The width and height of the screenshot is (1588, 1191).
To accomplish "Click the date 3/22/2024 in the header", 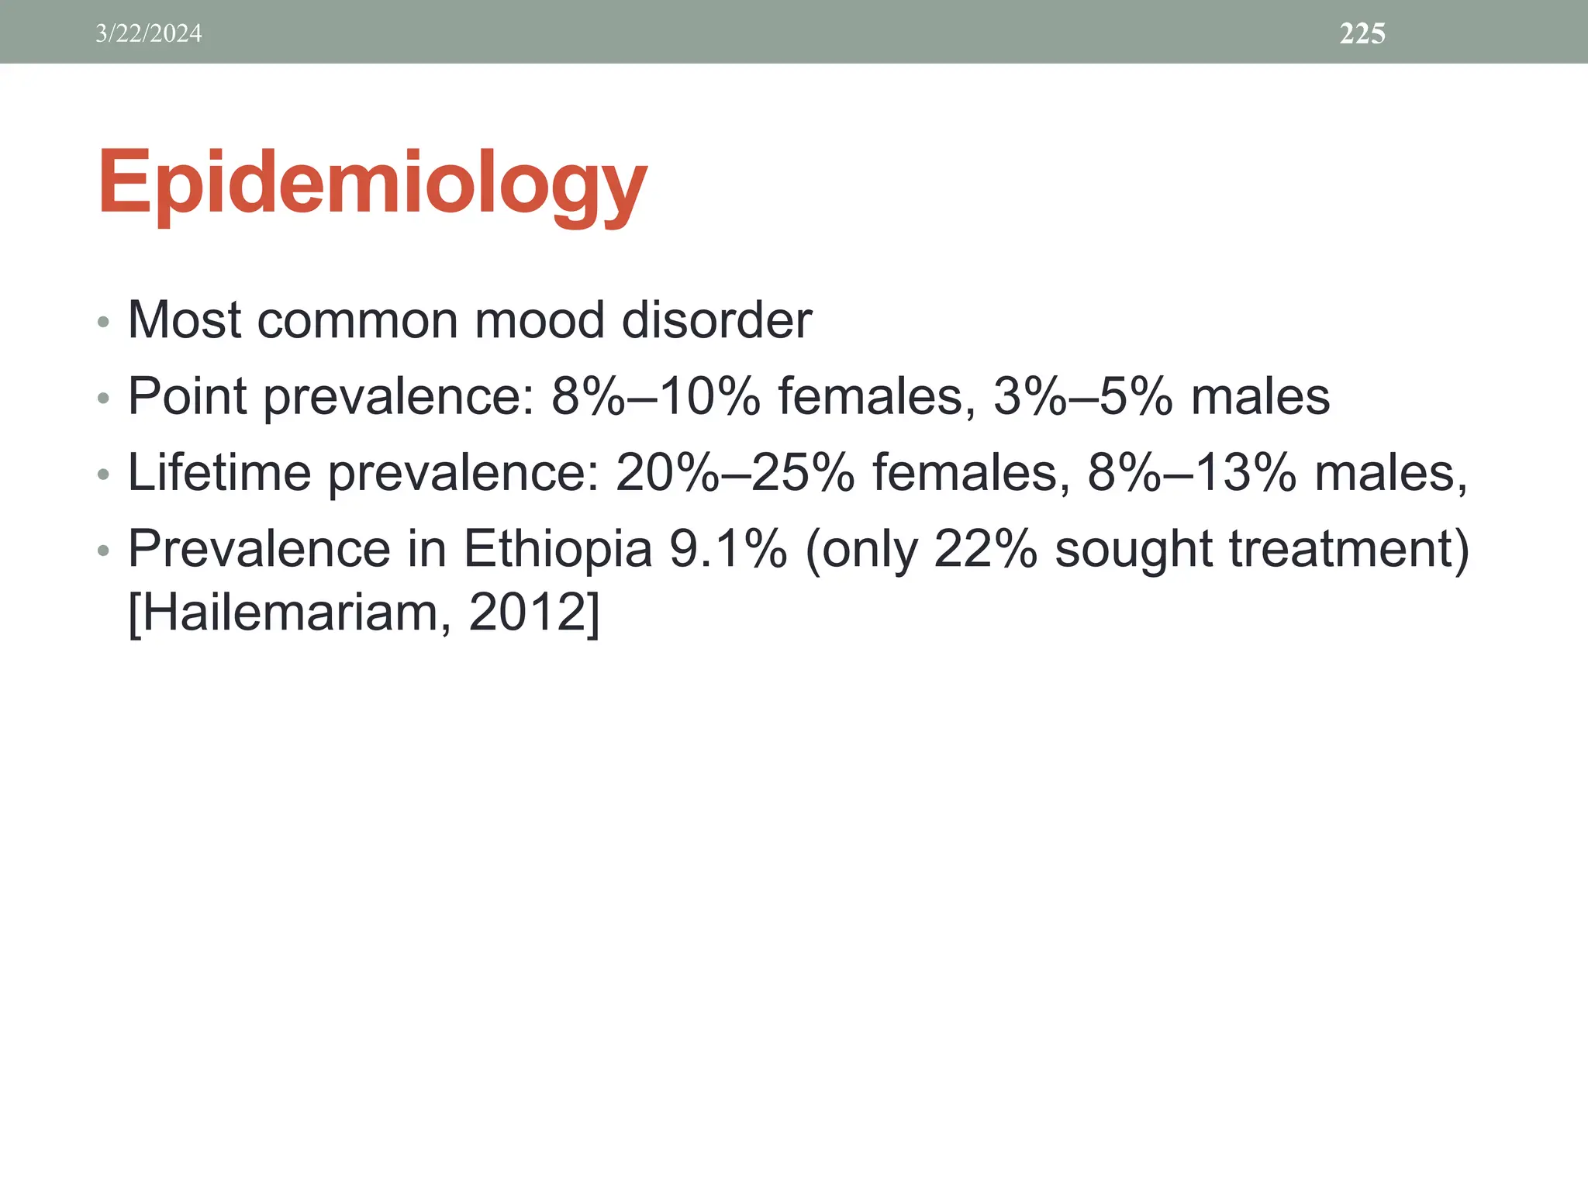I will [x=148, y=33].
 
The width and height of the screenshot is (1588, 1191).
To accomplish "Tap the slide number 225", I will [x=1362, y=33].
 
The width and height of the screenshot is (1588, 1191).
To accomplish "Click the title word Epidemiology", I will [x=372, y=184].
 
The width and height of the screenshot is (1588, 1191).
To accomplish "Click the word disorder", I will [x=716, y=319].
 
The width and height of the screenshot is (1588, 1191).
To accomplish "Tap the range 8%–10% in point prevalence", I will [x=656, y=396].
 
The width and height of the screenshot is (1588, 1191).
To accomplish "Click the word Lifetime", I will [x=219, y=472].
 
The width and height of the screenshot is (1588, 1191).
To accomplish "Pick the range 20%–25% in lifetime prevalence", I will [x=735, y=472].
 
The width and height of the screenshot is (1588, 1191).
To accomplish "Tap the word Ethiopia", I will [x=558, y=549].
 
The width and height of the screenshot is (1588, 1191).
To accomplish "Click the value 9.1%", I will [x=728, y=549].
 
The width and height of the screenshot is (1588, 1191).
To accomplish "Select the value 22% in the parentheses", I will [x=986, y=549].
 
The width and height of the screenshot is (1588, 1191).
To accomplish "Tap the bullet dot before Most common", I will [x=104, y=322].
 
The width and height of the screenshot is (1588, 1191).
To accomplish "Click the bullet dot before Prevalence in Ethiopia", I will [x=104, y=551].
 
